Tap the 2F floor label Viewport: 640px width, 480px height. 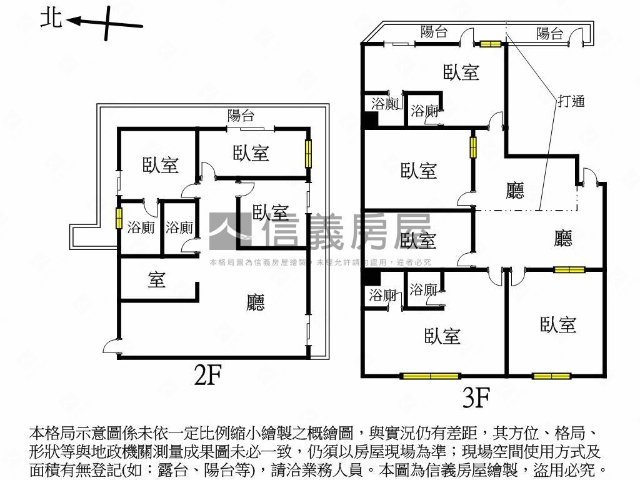(x=208, y=375)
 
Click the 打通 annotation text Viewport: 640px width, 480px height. (x=571, y=101)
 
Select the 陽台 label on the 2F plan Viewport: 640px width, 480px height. (x=241, y=115)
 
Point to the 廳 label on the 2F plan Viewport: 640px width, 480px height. (x=256, y=302)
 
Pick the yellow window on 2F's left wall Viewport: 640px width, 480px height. (x=118, y=218)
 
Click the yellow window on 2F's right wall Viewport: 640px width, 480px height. (x=307, y=153)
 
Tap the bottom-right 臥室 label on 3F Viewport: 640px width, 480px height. (x=558, y=324)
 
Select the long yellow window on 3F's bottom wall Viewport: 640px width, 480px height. (x=431, y=376)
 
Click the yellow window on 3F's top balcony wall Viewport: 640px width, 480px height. (x=491, y=44)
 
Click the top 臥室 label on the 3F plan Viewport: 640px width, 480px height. (x=461, y=72)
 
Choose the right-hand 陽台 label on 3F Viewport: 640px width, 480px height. (x=550, y=34)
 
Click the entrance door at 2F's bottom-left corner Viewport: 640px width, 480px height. (x=111, y=346)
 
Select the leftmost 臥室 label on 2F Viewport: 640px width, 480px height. (x=161, y=165)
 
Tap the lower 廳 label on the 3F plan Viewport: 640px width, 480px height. (x=563, y=238)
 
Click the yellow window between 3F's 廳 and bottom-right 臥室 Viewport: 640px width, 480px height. (x=569, y=270)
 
